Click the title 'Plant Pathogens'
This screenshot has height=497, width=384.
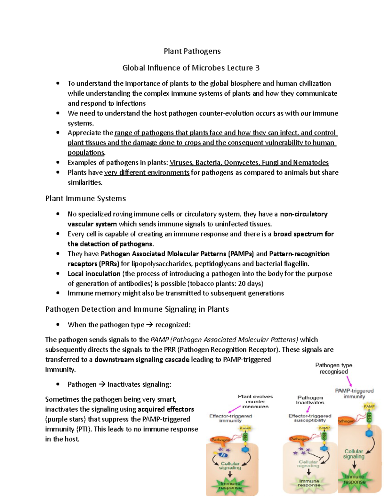point(192,51)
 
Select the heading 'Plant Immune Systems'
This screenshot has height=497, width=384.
point(85,198)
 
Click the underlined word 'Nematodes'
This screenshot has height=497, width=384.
point(311,163)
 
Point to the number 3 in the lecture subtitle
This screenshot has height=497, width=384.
point(257,68)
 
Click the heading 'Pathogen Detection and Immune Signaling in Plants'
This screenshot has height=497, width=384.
point(137,309)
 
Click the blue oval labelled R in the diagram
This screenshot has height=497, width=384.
point(223,455)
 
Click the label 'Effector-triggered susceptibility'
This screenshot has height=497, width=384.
point(310,418)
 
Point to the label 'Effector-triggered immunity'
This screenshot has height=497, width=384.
point(230,418)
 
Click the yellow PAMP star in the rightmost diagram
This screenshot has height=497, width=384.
point(369,406)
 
